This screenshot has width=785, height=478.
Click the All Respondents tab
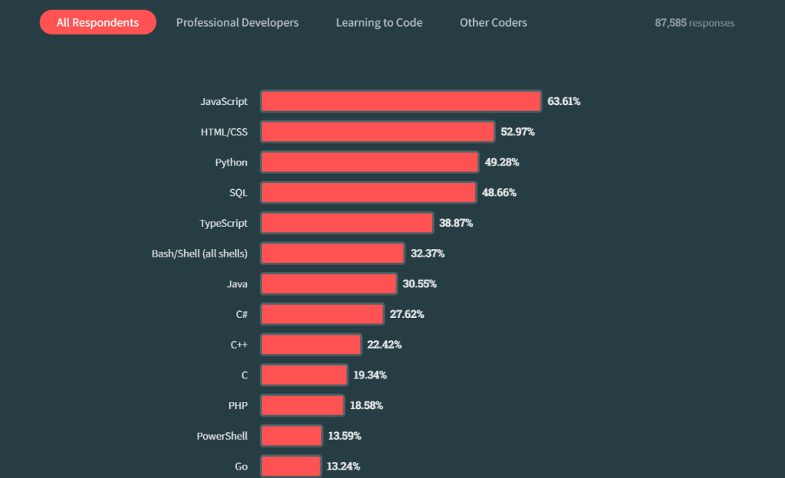97,22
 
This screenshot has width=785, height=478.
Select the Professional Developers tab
238,22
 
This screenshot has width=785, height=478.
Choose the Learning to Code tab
379,22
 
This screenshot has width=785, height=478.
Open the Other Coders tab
493,22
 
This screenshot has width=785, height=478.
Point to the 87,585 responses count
694,23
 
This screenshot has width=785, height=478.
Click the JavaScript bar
401,101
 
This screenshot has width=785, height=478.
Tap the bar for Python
370,162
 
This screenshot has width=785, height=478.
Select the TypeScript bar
347,223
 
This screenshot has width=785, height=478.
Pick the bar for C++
310,344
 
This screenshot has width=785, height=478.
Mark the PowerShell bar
291,436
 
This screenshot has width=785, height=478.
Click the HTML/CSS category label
224,132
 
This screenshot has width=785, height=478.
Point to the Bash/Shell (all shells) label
199,253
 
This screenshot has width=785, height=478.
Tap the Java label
237,283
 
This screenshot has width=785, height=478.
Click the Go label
241,466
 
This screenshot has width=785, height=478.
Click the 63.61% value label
563,101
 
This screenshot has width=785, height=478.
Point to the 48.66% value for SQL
499,192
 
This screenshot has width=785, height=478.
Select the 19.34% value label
370,375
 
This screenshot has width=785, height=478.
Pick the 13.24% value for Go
343,466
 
